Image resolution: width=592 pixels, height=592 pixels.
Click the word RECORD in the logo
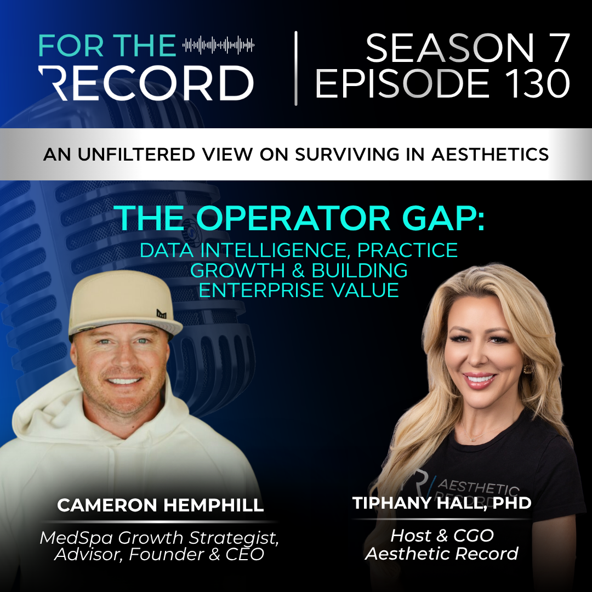click(146, 83)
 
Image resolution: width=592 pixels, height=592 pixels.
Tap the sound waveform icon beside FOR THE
click(218, 45)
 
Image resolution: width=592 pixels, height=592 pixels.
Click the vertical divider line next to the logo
click(296, 69)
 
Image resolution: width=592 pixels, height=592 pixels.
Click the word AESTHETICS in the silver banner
click(490, 154)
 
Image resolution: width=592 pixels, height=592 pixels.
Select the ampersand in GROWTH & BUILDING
click(298, 271)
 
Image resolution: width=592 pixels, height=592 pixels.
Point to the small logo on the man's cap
click(162, 314)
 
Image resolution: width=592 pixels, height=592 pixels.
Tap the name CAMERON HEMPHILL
click(161, 505)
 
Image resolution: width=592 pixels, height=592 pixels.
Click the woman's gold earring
click(527, 368)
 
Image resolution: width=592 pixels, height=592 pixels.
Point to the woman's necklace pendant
click(473, 439)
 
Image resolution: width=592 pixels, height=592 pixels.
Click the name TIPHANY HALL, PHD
click(442, 503)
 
